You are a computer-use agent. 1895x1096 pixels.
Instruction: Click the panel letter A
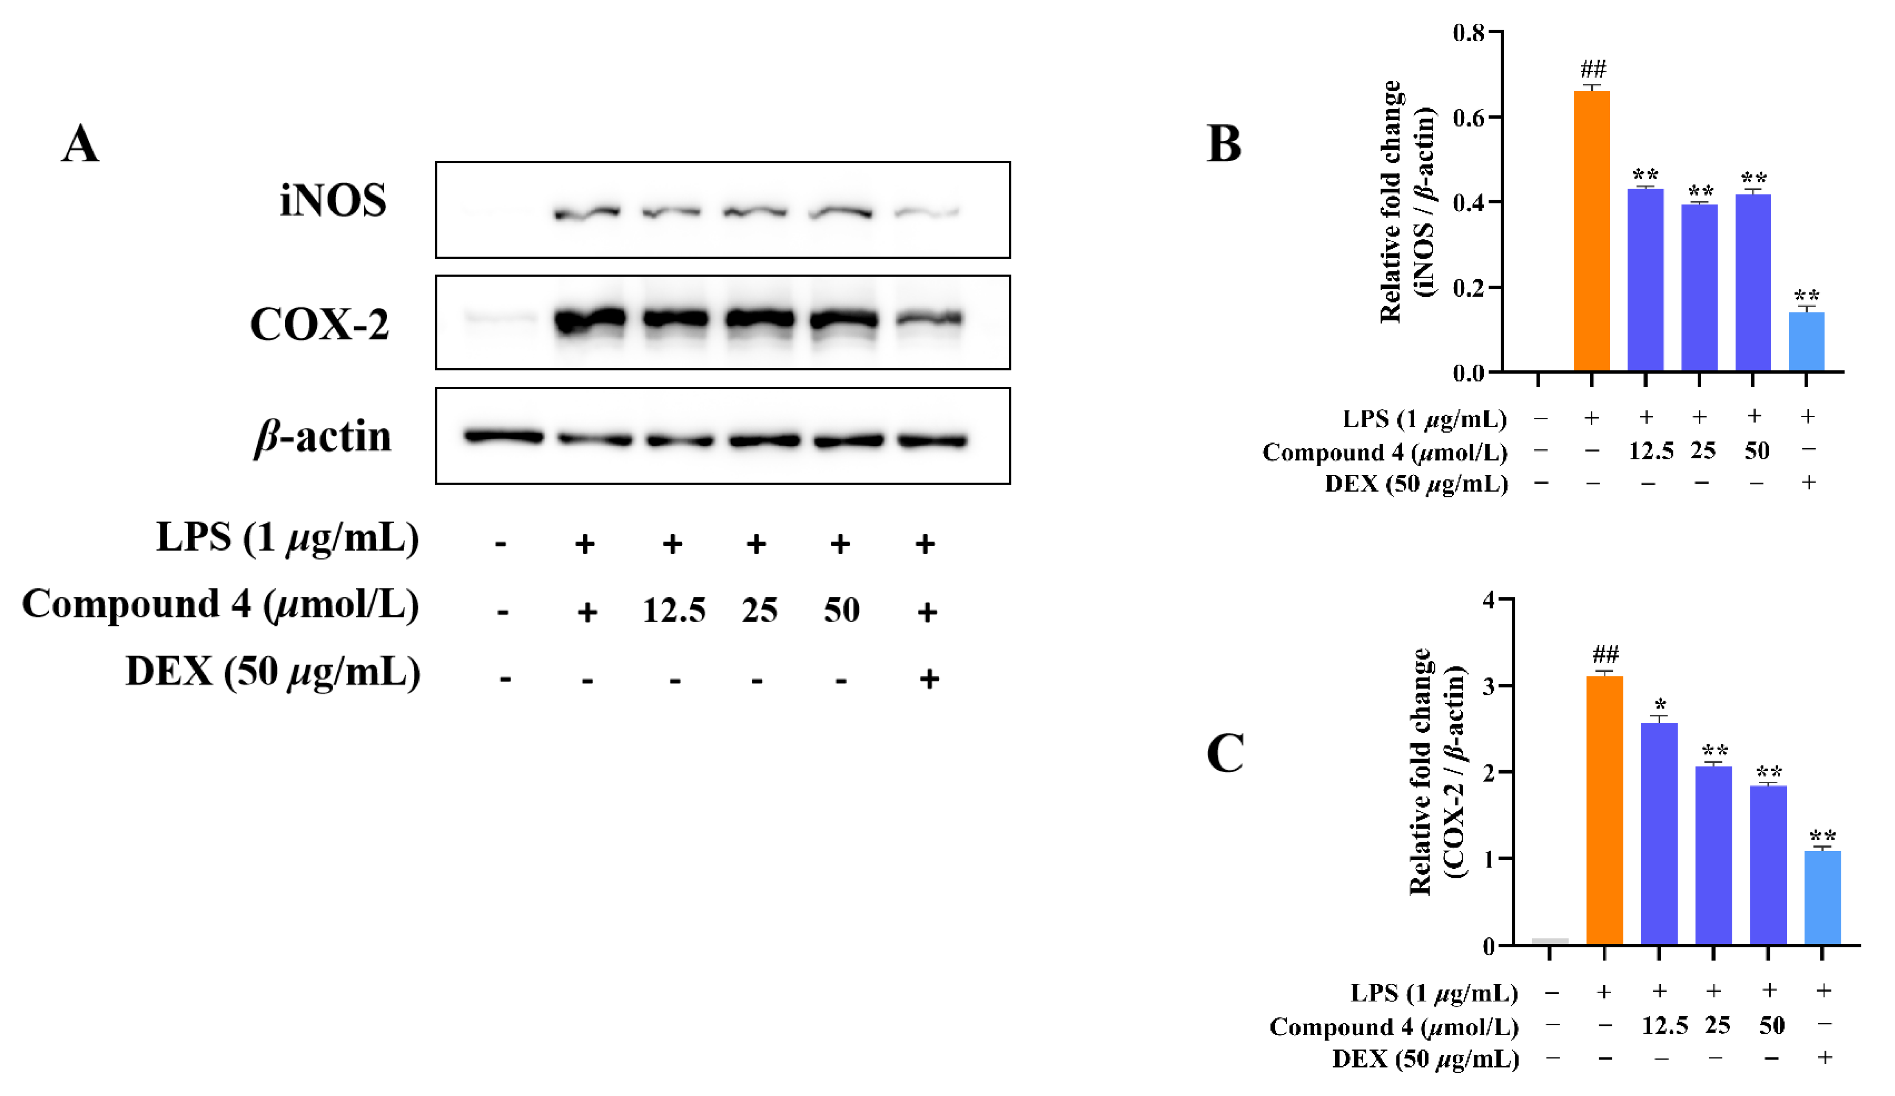[x=80, y=144]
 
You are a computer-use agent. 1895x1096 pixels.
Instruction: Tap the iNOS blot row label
[x=333, y=201]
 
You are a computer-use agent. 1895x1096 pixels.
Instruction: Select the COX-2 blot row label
[x=319, y=324]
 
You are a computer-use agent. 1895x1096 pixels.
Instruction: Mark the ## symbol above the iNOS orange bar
[x=1593, y=69]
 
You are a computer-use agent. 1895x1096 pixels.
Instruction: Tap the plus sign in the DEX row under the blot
[x=929, y=679]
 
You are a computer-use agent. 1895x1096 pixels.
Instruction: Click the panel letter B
[x=1223, y=144]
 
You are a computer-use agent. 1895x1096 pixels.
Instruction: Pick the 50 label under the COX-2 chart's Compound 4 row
[x=1771, y=1025]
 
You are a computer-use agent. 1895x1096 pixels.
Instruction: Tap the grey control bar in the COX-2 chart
[x=1550, y=941]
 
